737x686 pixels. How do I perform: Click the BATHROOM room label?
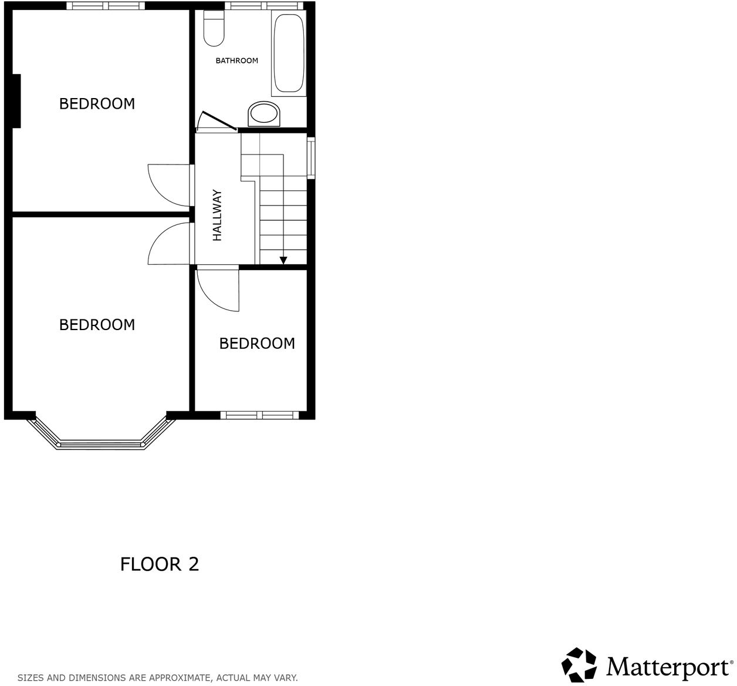(236, 60)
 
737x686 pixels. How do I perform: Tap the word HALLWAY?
(218, 215)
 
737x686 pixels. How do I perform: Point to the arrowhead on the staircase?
(283, 260)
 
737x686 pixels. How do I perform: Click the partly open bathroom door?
(216, 121)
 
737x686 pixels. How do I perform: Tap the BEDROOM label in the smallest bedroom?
(257, 344)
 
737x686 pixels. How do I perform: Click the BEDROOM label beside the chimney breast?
(97, 104)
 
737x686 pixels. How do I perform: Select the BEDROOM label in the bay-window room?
(97, 325)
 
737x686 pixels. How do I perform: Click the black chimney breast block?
(16, 100)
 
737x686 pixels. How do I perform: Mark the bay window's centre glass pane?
(102, 445)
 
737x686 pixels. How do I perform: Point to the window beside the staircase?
(311, 157)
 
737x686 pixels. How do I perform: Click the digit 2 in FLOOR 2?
(194, 564)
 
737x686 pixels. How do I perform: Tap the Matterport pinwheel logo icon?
(579, 665)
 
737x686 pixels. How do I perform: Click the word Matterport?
(667, 667)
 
